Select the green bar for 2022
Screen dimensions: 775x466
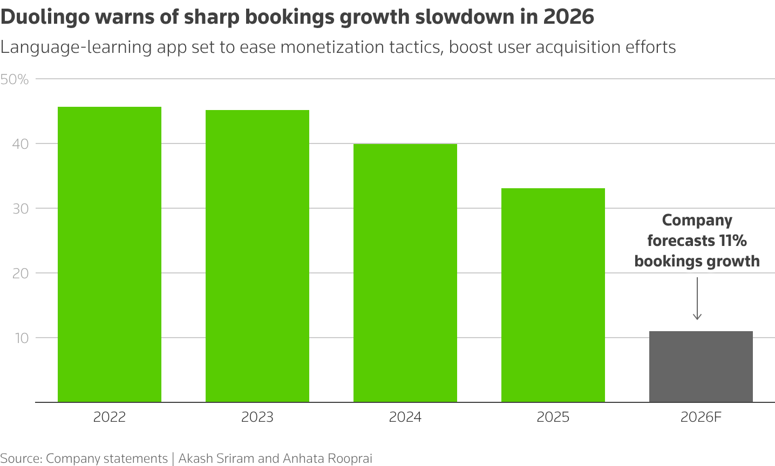coord(110,255)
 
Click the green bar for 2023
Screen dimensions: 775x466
coord(257,256)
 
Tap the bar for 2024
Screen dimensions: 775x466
coord(405,273)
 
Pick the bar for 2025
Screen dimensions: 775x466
coord(553,295)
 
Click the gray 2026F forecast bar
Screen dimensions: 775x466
coord(701,367)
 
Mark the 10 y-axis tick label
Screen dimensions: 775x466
coord(21,338)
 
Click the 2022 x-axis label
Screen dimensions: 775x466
coord(110,417)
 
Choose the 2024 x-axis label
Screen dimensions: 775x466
coord(405,417)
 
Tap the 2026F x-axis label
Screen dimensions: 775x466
coord(701,417)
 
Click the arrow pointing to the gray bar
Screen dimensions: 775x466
coord(697,299)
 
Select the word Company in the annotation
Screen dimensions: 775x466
coord(697,220)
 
